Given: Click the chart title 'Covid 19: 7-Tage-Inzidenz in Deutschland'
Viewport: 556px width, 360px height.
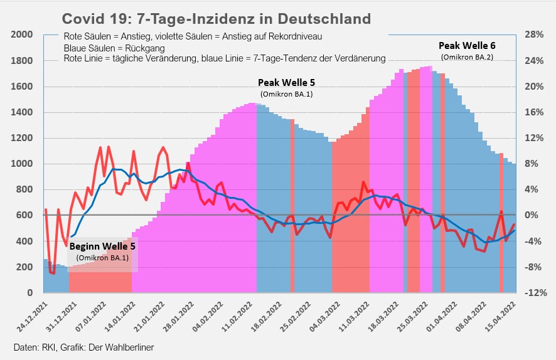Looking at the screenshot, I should (x=217, y=18).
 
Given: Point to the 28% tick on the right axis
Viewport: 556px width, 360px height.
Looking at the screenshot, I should (x=534, y=35).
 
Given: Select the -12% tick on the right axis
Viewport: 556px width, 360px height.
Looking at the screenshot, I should (x=534, y=293).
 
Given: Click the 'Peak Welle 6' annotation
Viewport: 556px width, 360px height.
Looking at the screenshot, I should (x=467, y=46).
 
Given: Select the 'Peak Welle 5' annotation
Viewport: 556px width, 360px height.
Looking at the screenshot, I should (x=286, y=83).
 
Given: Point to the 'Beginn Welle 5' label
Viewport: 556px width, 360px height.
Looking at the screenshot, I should (x=102, y=246).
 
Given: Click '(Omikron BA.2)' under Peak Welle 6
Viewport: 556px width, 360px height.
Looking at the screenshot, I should (x=467, y=57).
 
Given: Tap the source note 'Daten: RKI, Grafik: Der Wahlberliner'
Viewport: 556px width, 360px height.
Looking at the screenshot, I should (x=83, y=347).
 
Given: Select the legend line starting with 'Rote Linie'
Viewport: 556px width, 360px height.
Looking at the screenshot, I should (x=225, y=59).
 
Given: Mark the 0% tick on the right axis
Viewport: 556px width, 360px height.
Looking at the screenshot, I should (x=532, y=216).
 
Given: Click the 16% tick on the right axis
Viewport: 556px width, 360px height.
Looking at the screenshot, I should (x=534, y=113).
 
